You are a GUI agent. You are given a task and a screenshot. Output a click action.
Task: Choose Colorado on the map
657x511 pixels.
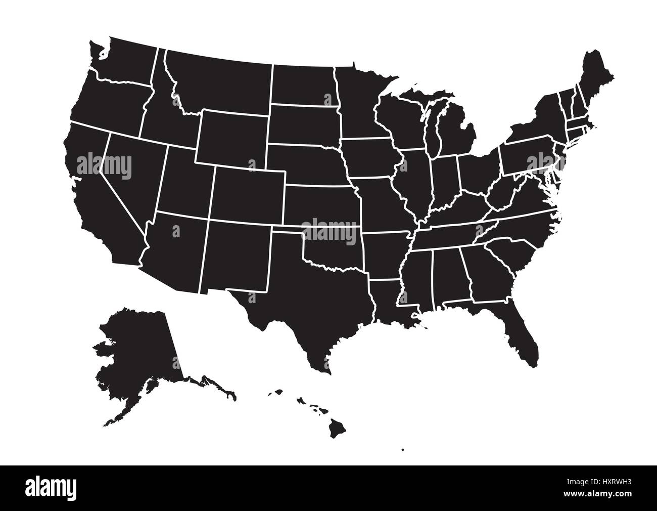point(248,195)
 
